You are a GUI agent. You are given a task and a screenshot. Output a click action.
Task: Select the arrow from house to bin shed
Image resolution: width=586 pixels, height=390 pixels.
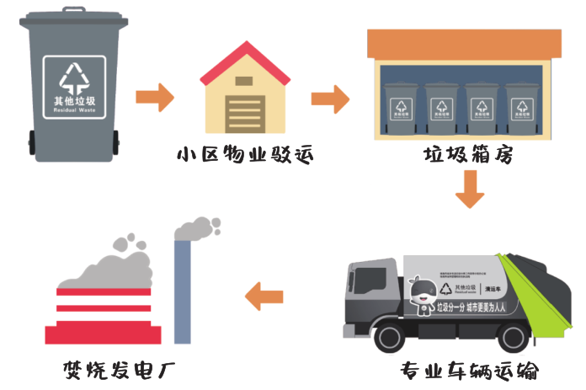click(x=330, y=98)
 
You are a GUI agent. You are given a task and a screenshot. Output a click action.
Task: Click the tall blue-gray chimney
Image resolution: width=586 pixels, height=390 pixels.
click(x=182, y=291)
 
